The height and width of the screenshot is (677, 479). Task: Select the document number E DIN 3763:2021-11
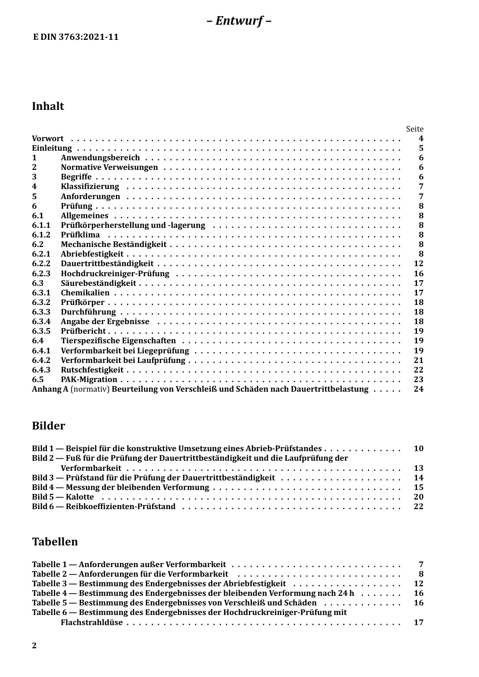tap(76, 37)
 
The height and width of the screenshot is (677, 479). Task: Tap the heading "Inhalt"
tap(48, 106)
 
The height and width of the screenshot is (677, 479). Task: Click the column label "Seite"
tap(414, 129)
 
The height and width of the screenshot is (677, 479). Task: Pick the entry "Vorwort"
tap(48, 139)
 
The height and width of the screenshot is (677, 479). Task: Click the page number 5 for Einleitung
tap(421, 148)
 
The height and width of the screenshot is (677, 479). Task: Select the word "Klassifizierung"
tap(90, 187)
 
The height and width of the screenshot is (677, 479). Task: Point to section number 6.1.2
tap(41, 235)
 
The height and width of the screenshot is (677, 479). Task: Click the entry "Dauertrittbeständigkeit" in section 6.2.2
tap(107, 264)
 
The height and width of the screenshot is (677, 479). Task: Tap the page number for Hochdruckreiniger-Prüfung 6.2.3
tap(418, 274)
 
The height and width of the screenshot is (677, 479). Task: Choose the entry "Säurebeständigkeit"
tap(98, 283)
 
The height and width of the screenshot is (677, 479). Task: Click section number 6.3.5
tap(41, 331)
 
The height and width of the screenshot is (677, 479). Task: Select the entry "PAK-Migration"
tap(89, 380)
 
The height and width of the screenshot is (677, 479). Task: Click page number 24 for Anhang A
tap(418, 389)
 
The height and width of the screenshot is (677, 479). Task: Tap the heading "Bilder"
tap(48, 425)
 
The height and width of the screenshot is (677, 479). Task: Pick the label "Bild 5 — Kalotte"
tap(63, 497)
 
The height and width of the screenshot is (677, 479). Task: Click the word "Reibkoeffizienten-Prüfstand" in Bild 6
tap(121, 507)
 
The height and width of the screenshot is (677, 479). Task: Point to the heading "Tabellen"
tap(55, 542)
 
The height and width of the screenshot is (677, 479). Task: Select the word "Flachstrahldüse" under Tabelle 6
tap(92, 623)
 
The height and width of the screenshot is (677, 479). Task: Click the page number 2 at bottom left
tap(34, 646)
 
